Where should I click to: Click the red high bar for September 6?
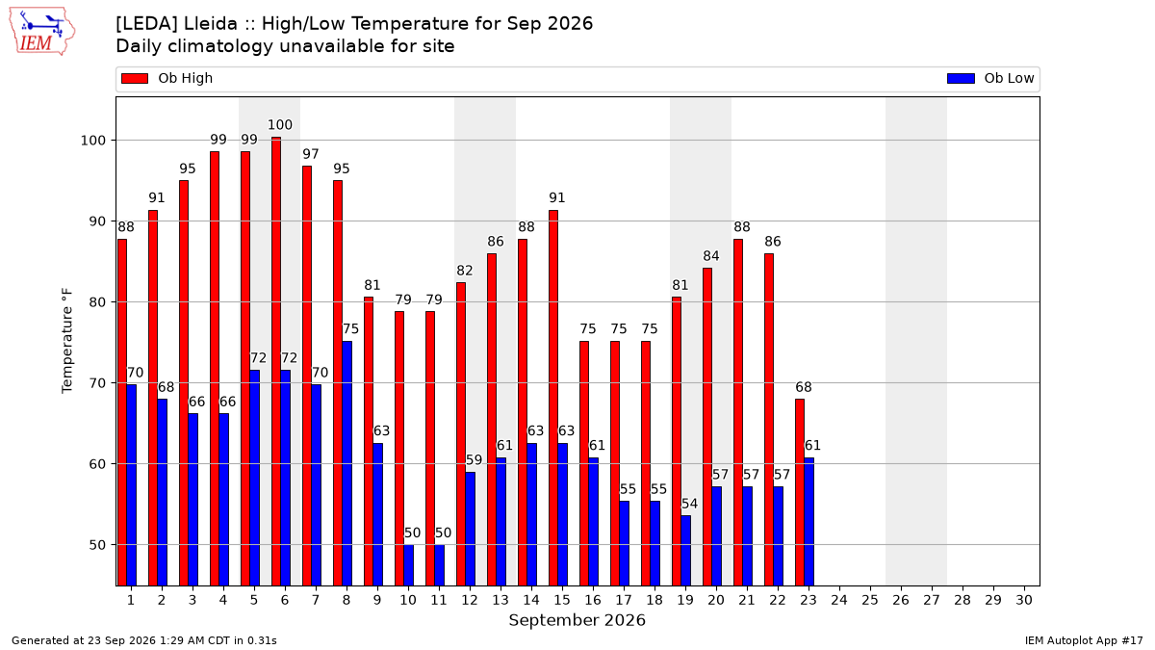pyautogui.click(x=276, y=361)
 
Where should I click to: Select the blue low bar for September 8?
pyautogui.click(x=347, y=463)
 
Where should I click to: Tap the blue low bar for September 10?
pyautogui.click(x=409, y=565)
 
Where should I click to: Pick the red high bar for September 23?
pyautogui.click(x=800, y=492)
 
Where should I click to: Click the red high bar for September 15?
pyautogui.click(x=553, y=398)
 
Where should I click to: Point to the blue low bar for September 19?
pyautogui.click(x=685, y=551)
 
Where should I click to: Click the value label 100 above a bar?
pyautogui.click(x=280, y=125)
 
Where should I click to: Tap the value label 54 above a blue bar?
pyautogui.click(x=689, y=504)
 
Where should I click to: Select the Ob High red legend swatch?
pyautogui.click(x=135, y=78)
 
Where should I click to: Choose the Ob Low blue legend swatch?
pyautogui.click(x=961, y=78)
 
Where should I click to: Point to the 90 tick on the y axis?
pyautogui.click(x=97, y=221)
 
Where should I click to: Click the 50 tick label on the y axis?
pyautogui.click(x=97, y=545)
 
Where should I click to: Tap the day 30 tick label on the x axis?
pyautogui.click(x=1024, y=600)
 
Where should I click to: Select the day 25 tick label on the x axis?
pyautogui.click(x=870, y=600)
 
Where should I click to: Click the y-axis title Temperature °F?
pyautogui.click(x=67, y=341)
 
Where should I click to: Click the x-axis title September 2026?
pyautogui.click(x=577, y=620)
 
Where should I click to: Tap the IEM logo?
pyautogui.click(x=41, y=32)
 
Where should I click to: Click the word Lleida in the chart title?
pyautogui.click(x=211, y=24)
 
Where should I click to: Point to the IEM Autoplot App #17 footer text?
pyautogui.click(x=1084, y=640)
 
